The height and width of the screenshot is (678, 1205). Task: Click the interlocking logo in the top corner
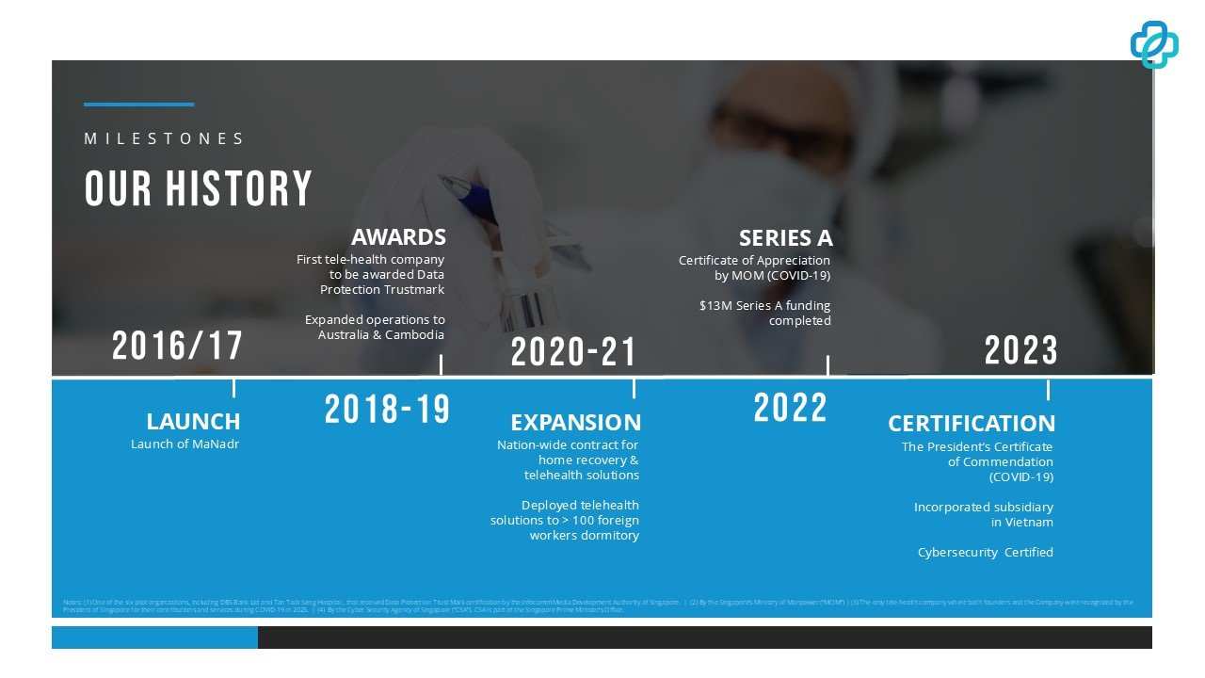(x=1154, y=43)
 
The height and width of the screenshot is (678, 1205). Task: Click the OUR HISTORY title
(x=198, y=188)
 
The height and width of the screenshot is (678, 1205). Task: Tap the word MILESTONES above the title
(x=165, y=138)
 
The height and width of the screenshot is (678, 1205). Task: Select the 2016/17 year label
(x=177, y=346)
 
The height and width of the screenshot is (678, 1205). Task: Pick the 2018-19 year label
(x=387, y=410)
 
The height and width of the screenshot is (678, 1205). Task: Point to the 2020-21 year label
(x=573, y=353)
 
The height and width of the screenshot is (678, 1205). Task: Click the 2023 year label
(x=1021, y=351)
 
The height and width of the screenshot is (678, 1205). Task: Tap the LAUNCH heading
(x=193, y=421)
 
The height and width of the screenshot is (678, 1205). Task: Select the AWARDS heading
(x=398, y=236)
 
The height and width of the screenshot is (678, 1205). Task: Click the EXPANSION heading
(x=575, y=422)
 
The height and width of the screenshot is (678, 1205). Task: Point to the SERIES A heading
(x=785, y=237)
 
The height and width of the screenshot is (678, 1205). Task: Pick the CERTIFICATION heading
(x=972, y=423)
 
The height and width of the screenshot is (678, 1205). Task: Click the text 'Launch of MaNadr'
(x=185, y=444)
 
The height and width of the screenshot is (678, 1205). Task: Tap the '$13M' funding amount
(x=714, y=306)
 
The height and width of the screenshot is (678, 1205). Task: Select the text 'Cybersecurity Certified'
(x=985, y=553)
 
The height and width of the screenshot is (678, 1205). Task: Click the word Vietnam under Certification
(x=1028, y=523)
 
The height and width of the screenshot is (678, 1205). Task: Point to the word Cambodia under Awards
(x=414, y=335)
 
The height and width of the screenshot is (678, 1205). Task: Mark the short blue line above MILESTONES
(x=138, y=105)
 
